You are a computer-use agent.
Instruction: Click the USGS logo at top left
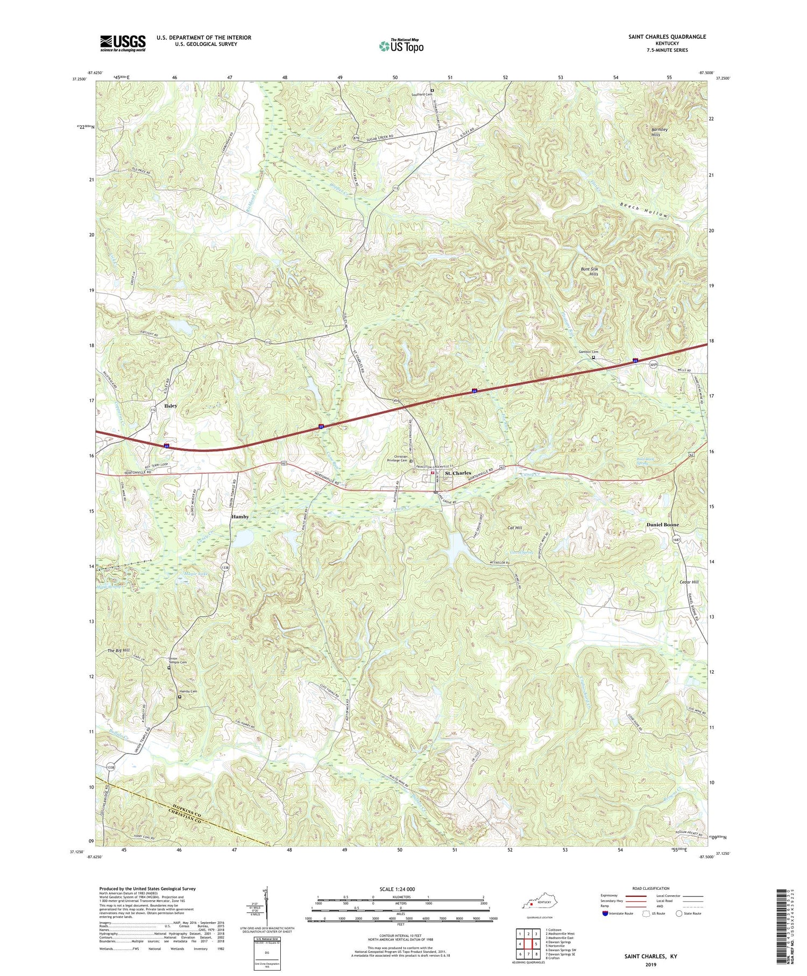click(x=123, y=43)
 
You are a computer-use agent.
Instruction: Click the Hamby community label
click(x=240, y=516)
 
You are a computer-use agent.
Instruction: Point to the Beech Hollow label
click(x=643, y=210)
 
